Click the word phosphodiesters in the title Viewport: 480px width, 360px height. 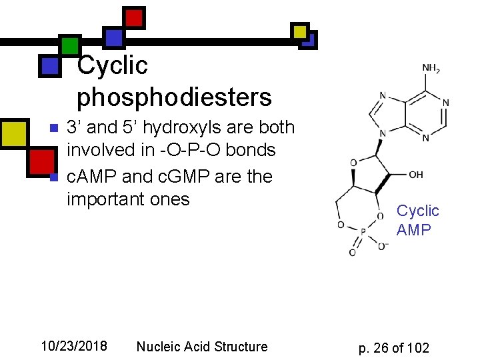(x=175, y=97)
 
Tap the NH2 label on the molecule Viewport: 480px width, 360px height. (x=431, y=69)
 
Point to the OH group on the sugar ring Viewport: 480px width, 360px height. (x=415, y=175)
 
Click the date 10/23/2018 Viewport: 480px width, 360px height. (x=73, y=346)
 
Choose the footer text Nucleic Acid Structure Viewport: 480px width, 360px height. (x=201, y=347)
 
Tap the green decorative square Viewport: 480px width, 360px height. (x=70, y=45)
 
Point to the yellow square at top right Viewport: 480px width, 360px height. (x=300, y=31)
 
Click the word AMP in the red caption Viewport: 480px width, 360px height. (x=413, y=230)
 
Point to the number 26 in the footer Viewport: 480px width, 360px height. (x=382, y=348)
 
